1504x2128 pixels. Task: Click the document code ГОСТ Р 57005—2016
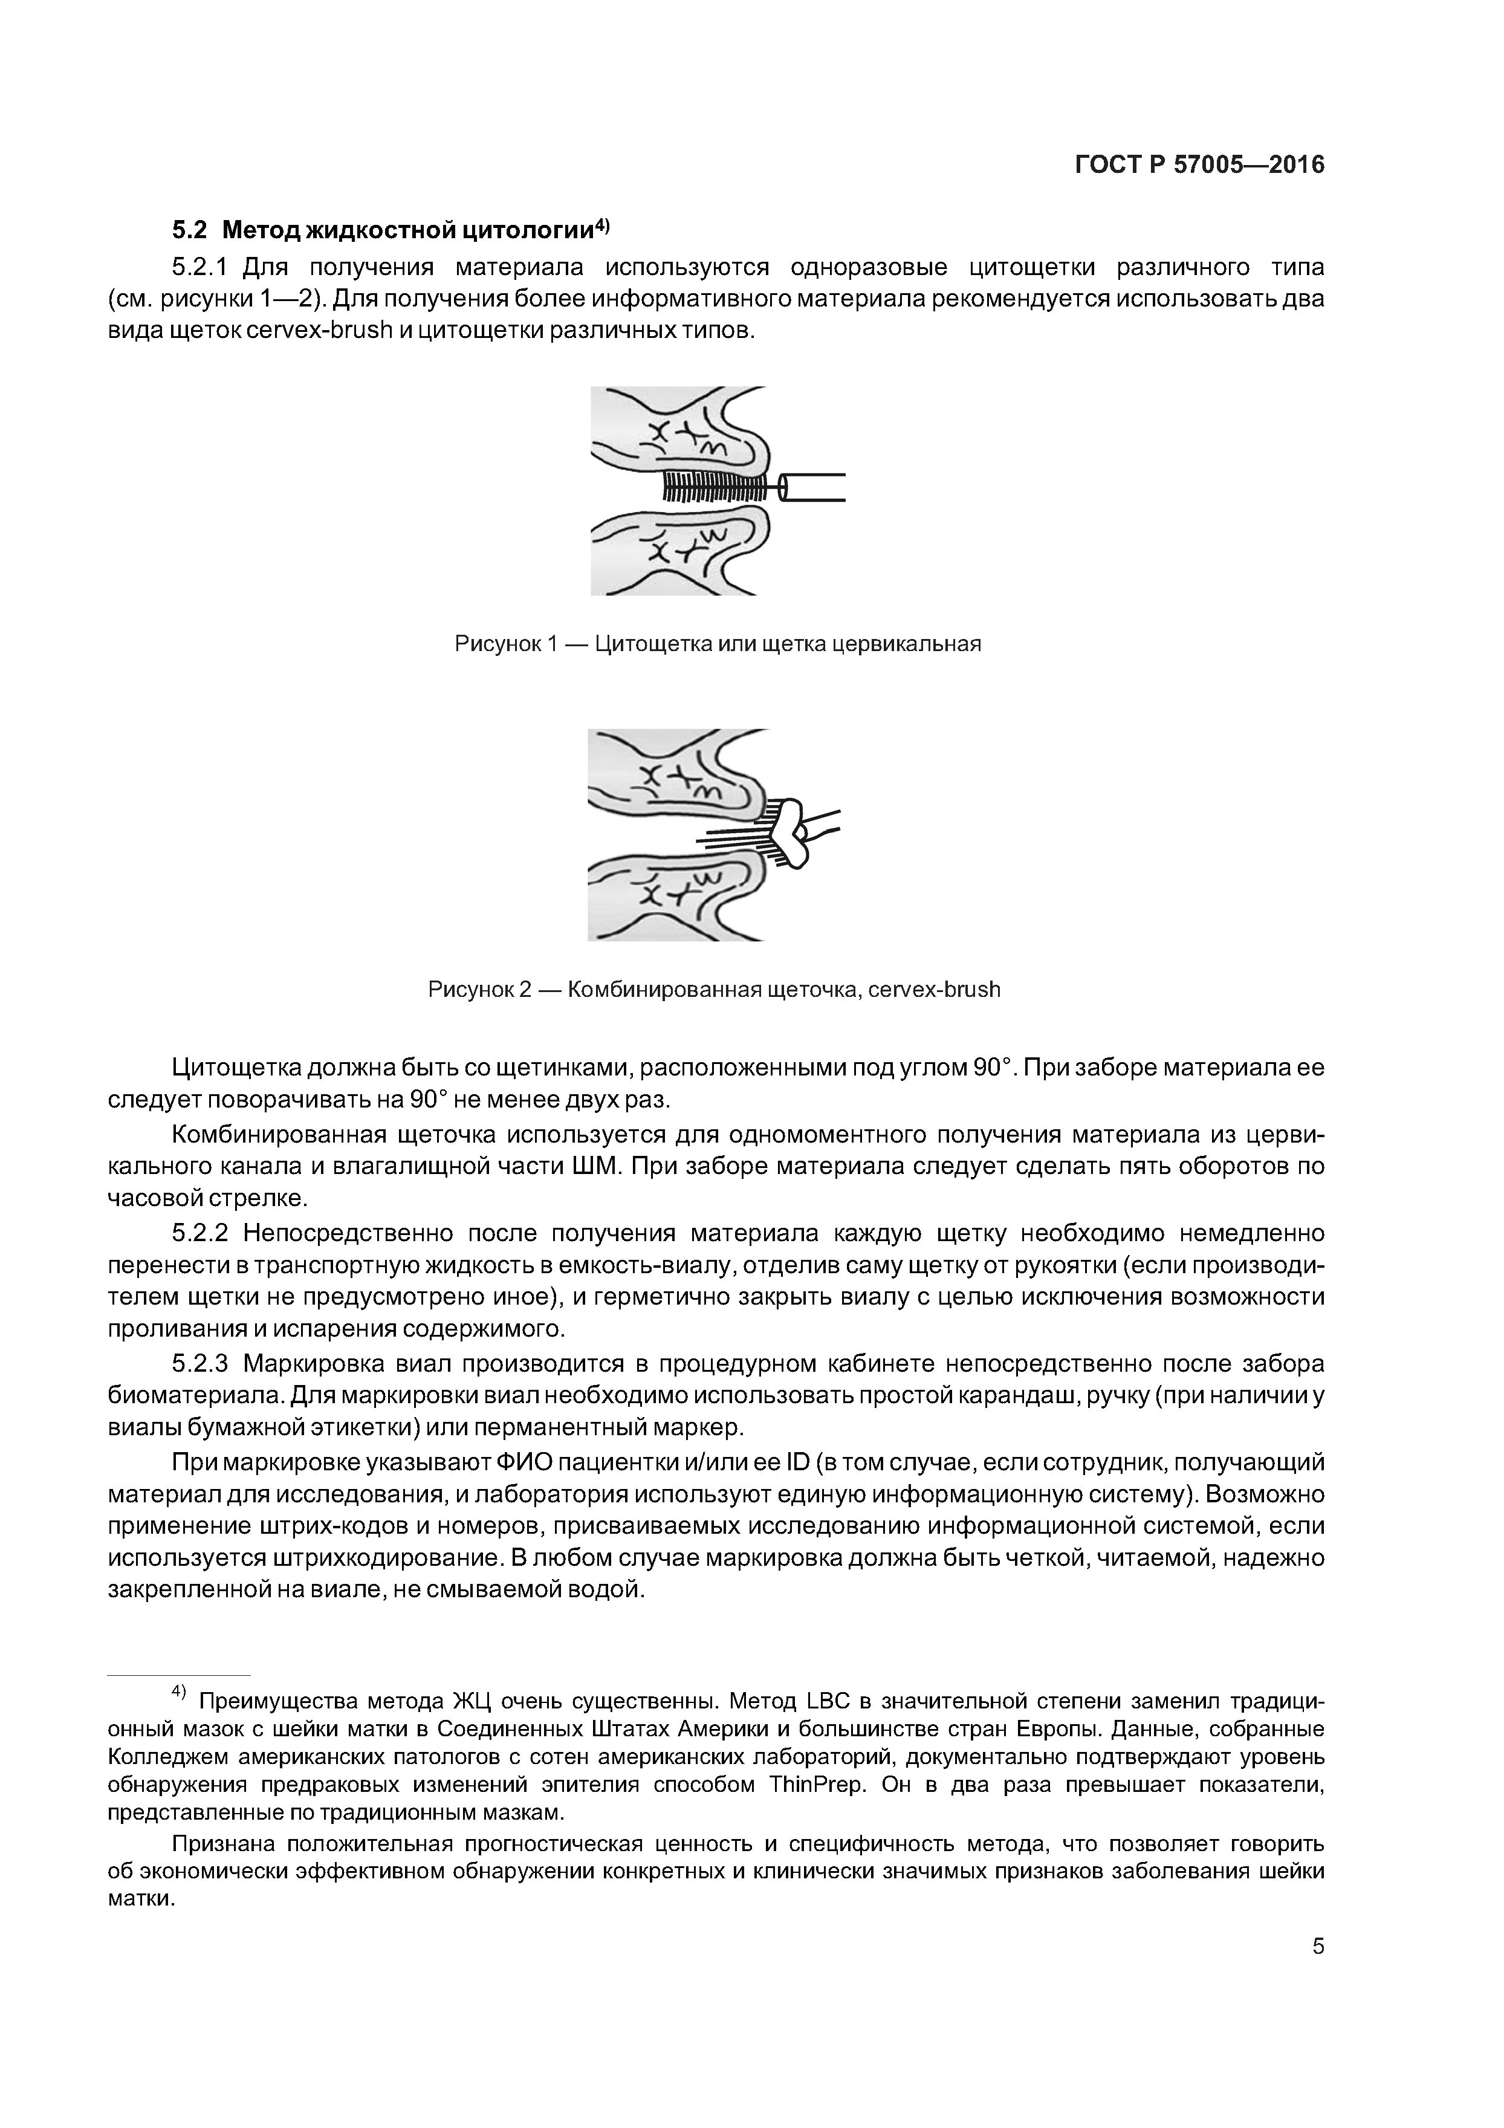[x=1199, y=165]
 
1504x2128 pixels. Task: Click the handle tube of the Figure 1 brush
[x=812, y=487]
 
